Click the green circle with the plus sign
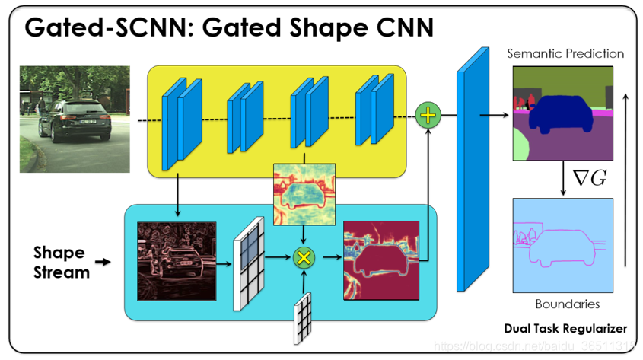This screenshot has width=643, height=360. coord(428,115)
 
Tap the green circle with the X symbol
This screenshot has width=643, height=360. coord(304,257)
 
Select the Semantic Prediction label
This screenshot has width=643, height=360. coord(565,54)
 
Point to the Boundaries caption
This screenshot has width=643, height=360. coord(567,304)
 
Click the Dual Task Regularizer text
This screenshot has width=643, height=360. coord(565,329)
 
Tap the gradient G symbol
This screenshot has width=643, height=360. coord(590,179)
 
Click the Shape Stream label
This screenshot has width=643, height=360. coord(59,261)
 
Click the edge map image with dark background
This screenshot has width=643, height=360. coord(176,260)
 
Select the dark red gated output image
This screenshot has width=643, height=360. coord(381,259)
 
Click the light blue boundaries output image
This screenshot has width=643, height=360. coord(562,244)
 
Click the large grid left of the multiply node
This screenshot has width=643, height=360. coord(248,263)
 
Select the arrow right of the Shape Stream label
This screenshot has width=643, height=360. coord(101,263)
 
